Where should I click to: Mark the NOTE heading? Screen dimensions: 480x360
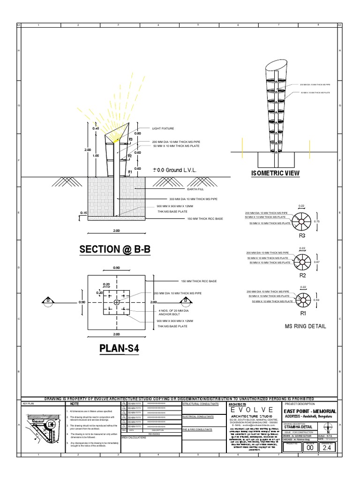click(75, 404)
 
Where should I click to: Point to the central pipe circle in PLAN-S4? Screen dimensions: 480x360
click(116, 302)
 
